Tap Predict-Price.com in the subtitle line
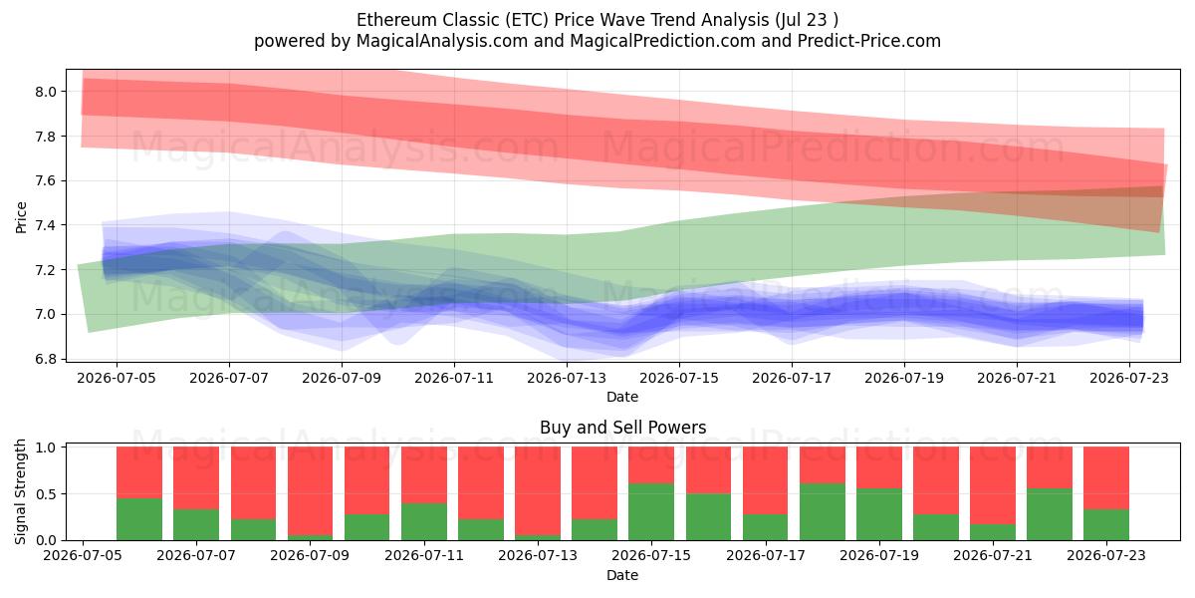point(869,41)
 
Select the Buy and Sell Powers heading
point(622,428)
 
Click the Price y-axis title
point(21,217)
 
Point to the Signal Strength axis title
point(20,491)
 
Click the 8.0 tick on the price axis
point(46,92)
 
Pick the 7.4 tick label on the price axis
point(46,225)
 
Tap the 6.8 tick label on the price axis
point(46,359)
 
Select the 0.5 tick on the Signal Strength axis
point(46,494)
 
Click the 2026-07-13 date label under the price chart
point(567,378)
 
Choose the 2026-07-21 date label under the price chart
point(1017,378)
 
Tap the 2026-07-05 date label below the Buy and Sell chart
point(83,555)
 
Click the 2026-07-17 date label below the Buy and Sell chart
point(766,555)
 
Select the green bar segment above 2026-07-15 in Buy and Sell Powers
point(651,512)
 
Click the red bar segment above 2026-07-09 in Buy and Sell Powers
point(310,490)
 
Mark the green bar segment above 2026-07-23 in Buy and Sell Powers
point(1106,525)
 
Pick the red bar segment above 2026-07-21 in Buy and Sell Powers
point(993,485)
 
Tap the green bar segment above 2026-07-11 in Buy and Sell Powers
point(424,521)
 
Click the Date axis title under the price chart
point(622,397)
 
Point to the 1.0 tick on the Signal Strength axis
point(46,447)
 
